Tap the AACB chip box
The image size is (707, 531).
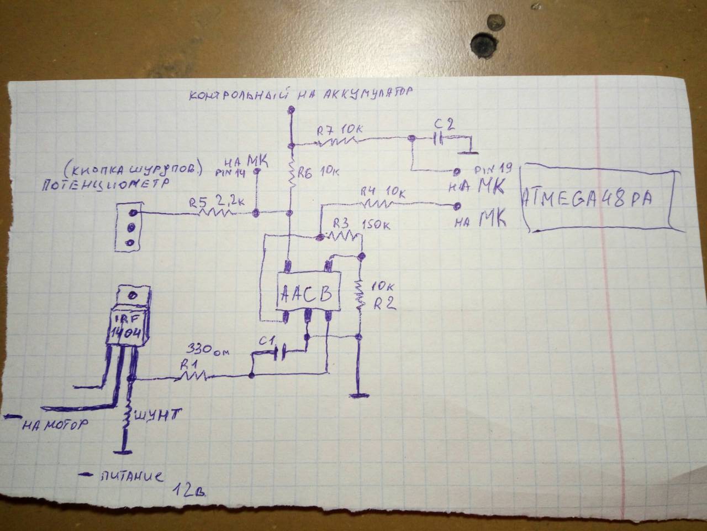coord(307,293)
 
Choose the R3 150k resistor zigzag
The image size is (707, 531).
coord(342,237)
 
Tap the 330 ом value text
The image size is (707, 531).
coord(207,351)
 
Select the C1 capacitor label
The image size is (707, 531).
coord(270,341)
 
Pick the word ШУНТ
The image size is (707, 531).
coord(159,414)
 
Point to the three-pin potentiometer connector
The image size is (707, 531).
coord(131,227)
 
